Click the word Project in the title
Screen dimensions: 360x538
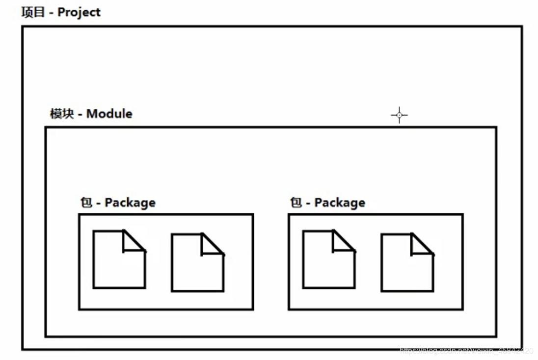79,12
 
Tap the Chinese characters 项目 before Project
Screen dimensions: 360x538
33,12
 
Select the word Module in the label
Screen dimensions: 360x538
109,114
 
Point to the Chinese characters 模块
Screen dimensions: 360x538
62,114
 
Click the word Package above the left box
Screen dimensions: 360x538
130,203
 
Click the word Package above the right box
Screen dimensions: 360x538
340,203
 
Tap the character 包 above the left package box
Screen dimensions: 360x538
86,203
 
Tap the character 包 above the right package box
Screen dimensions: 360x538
296,203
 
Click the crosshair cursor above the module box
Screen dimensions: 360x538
399,116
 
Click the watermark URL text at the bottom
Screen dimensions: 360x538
466,351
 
